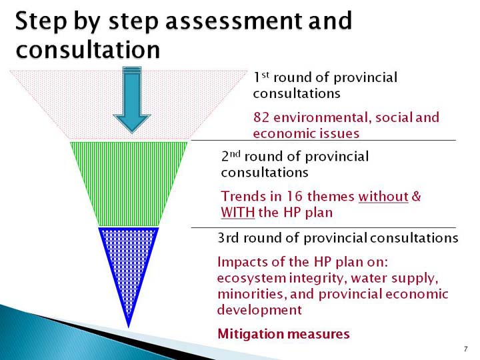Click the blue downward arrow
(x=132, y=99)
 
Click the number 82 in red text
(x=261, y=117)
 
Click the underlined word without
(x=383, y=197)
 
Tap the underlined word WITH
(x=237, y=213)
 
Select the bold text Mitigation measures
(x=283, y=334)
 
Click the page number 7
(x=466, y=349)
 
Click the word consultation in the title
(x=88, y=49)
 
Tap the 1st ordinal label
(x=261, y=77)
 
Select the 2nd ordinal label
(x=231, y=156)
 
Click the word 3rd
(x=229, y=238)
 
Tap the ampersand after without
(x=416, y=196)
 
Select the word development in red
(x=259, y=310)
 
